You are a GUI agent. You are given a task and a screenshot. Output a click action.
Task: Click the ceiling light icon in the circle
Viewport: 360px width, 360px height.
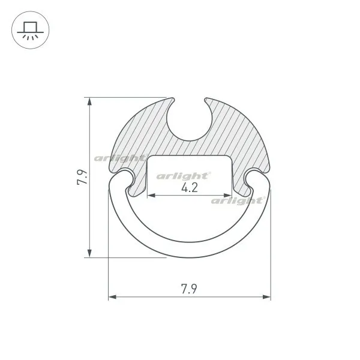click(31, 31)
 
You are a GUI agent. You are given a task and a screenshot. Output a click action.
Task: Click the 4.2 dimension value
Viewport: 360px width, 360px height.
click(190, 188)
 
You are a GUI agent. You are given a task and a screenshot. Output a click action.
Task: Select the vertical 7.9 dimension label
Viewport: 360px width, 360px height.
click(82, 177)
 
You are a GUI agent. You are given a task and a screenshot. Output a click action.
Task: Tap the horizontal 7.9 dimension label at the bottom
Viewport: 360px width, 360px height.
click(189, 289)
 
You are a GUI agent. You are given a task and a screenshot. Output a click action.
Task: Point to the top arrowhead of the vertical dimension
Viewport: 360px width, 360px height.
click(89, 101)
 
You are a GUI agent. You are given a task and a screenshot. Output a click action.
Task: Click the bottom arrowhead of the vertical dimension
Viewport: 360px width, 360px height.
click(89, 253)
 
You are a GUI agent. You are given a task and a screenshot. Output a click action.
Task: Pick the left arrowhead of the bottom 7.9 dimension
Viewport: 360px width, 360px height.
click(112, 297)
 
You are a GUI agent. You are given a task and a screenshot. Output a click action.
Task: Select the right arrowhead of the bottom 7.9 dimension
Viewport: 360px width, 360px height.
click(266, 297)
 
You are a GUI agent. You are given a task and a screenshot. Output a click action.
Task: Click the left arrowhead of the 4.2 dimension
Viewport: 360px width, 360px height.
click(151, 196)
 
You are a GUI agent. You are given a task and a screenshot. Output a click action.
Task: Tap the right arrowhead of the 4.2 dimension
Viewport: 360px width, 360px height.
click(227, 196)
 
